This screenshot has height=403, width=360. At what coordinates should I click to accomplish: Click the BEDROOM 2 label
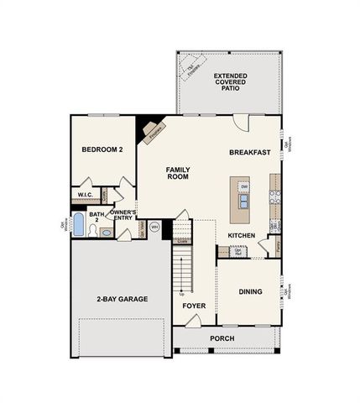[102, 150]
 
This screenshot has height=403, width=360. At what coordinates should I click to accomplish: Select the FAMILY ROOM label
[178, 173]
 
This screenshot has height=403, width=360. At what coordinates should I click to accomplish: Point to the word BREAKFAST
[249, 153]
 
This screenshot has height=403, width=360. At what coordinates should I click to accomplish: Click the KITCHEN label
[242, 235]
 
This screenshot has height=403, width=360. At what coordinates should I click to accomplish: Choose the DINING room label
[249, 291]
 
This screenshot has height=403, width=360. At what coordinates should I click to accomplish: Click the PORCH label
[222, 338]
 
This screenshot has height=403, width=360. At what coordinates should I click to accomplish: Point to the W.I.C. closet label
[85, 195]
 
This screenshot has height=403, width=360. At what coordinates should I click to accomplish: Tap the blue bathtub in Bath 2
[79, 225]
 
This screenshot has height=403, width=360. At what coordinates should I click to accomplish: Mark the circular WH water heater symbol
[154, 227]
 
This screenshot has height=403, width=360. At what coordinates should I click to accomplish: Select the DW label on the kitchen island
[243, 186]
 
